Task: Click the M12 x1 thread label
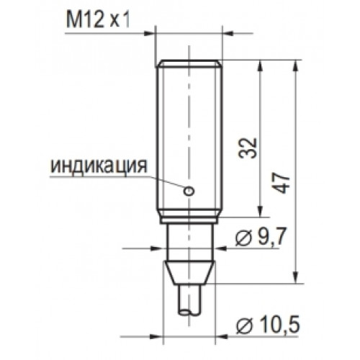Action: pos(99,19)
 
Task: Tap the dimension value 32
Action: pos(248,148)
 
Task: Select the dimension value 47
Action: pos(282,183)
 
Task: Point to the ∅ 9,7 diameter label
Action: pos(261,238)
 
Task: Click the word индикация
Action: pos(99,166)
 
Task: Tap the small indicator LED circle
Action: pos(189,191)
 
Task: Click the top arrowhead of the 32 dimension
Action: pos(259,66)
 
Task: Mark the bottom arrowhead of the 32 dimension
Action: pos(259,212)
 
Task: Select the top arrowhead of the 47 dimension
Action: pos(297,66)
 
